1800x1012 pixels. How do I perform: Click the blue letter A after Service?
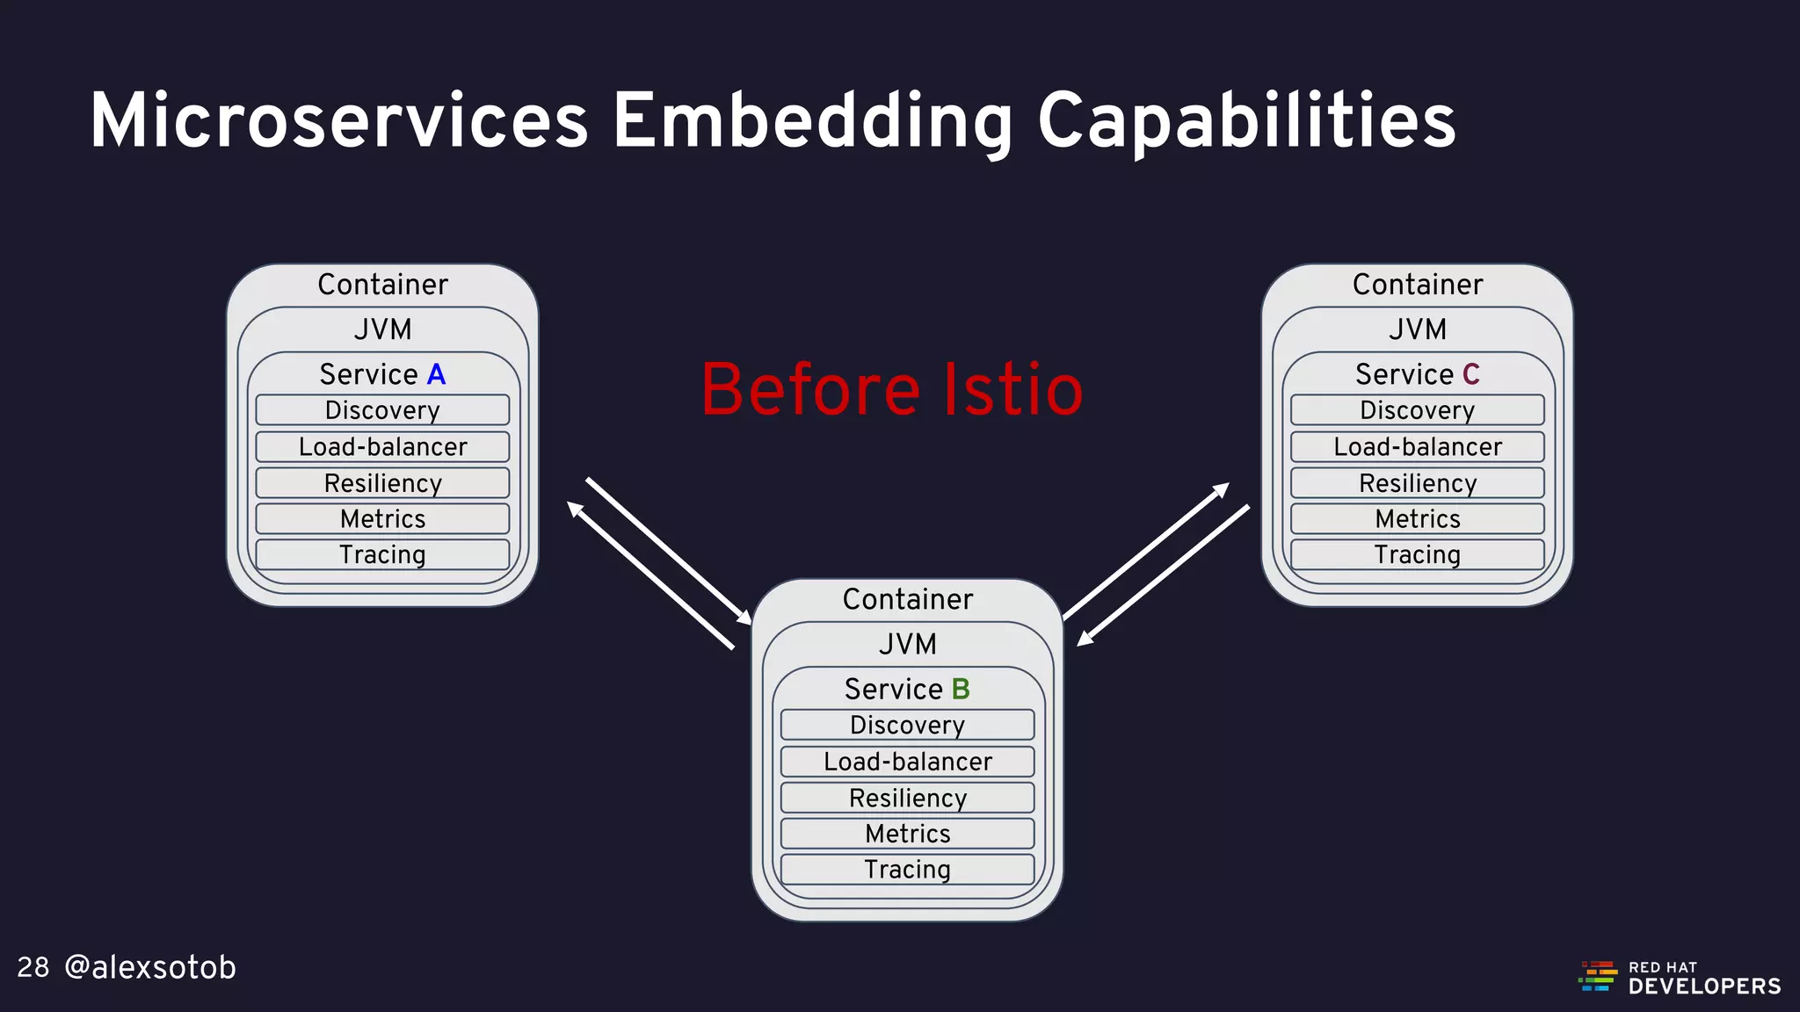pyautogui.click(x=436, y=375)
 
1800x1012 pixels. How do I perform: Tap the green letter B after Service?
pyautogui.click(x=961, y=690)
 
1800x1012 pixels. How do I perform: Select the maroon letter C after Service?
pyautogui.click(x=1470, y=375)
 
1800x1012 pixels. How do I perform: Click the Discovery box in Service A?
pyautogui.click(x=382, y=410)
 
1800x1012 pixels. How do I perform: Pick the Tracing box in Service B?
pyautogui.click(x=907, y=870)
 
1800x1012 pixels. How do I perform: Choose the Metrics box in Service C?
pyautogui.click(x=1417, y=519)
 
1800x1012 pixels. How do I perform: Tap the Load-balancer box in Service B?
pyautogui.click(x=907, y=762)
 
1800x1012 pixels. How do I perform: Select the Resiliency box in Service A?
pyautogui.click(x=382, y=483)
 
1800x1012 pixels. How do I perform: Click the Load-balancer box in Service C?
pyautogui.click(x=1417, y=447)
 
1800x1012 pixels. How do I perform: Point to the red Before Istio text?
pyautogui.click(x=892, y=390)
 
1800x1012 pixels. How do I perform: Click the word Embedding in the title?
pyautogui.click(x=813, y=123)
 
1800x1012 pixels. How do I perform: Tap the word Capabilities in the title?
pyautogui.click(x=1246, y=123)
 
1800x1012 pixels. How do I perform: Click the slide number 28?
pyautogui.click(x=33, y=968)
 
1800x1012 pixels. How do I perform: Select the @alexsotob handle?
pyautogui.click(x=150, y=968)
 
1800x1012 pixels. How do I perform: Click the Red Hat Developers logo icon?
pyautogui.click(x=1598, y=977)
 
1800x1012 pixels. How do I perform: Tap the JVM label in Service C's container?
pyautogui.click(x=1417, y=330)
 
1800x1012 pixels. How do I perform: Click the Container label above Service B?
pyautogui.click(x=907, y=600)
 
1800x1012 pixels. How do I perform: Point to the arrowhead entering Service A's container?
pyautogui.click(x=575, y=509)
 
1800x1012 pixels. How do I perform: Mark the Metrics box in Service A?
pyautogui.click(x=382, y=519)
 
